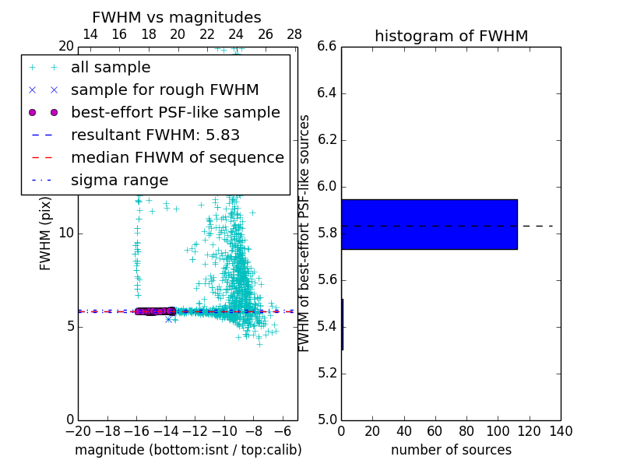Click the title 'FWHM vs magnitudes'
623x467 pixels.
coord(177,17)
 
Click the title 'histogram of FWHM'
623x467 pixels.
coord(451,36)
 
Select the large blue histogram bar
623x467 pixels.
coord(429,224)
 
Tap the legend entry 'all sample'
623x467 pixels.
coord(111,68)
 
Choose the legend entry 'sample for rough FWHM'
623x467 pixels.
coord(164,90)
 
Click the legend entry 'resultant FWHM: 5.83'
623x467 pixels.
coord(155,135)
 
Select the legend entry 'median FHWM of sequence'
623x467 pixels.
coord(177,158)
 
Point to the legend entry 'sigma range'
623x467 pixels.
coord(119,181)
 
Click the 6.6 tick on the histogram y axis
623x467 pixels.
coord(327,47)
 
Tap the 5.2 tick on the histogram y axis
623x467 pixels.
coord(327,374)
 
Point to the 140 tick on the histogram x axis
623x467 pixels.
coord(561,430)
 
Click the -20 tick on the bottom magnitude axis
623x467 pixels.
coord(78,430)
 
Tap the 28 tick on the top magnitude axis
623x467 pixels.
coord(294,34)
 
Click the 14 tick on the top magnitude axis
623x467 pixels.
coord(90,34)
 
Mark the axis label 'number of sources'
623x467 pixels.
coord(451,450)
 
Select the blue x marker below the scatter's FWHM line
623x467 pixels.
coord(168,319)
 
